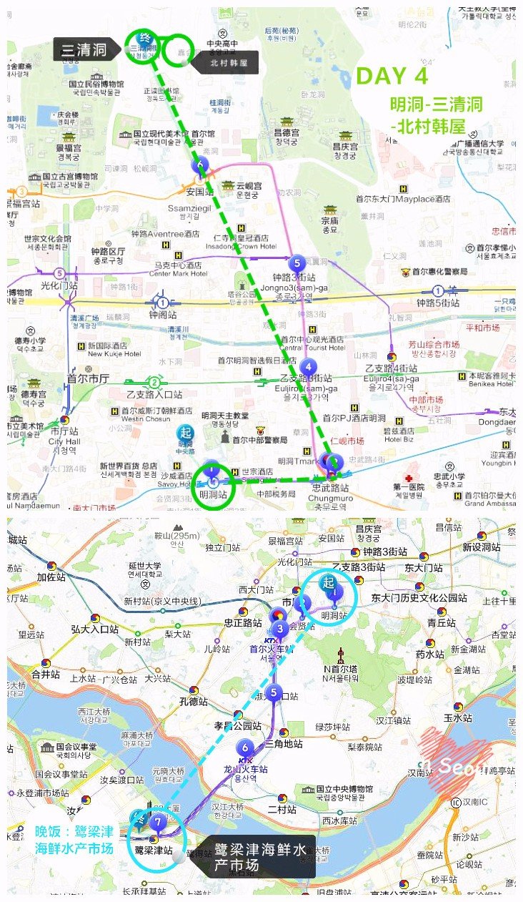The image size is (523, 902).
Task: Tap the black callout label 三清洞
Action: point(84,49)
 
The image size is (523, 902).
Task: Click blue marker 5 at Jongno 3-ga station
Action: point(297,263)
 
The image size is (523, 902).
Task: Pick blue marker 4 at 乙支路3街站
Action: point(307,367)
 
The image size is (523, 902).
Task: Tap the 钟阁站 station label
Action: point(162,314)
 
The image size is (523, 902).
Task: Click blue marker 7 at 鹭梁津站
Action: point(158,822)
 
